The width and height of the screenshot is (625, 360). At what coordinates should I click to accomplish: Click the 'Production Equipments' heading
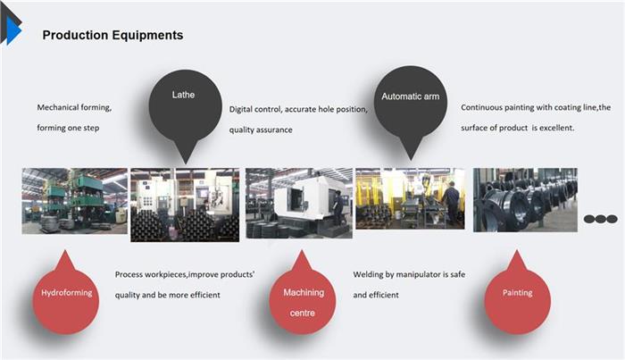[x=112, y=35]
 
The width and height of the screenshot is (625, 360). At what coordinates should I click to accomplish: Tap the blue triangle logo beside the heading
[x=14, y=30]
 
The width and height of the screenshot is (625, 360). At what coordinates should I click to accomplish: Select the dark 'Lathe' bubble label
[x=183, y=95]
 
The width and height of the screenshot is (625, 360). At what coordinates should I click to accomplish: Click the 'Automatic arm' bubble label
[x=410, y=96]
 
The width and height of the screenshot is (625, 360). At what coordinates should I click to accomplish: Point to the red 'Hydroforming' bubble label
[x=67, y=293]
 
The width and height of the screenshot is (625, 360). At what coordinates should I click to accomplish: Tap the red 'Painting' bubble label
[x=517, y=293]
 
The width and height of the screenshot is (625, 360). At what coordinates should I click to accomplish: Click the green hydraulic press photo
[x=74, y=201]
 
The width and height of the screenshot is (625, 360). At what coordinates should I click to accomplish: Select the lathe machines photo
[x=185, y=205]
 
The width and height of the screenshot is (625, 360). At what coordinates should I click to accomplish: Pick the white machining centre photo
[x=299, y=204]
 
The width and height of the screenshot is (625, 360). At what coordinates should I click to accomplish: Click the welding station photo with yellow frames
[x=410, y=198]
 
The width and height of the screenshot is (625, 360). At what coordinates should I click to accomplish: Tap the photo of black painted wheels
[x=525, y=200]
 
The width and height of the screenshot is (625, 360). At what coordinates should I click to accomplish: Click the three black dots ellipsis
[x=601, y=219]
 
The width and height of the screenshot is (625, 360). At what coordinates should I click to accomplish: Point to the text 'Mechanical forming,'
[x=74, y=107]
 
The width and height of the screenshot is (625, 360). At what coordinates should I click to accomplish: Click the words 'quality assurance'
[x=261, y=130]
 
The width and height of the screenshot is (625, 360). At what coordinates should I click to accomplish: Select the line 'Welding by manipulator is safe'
[x=409, y=274]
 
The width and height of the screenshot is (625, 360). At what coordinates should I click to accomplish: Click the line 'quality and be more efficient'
[x=168, y=295]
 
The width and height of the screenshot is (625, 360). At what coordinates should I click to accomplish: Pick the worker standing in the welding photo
[x=450, y=204]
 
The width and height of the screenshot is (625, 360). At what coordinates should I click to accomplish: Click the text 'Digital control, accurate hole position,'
[x=298, y=109]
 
